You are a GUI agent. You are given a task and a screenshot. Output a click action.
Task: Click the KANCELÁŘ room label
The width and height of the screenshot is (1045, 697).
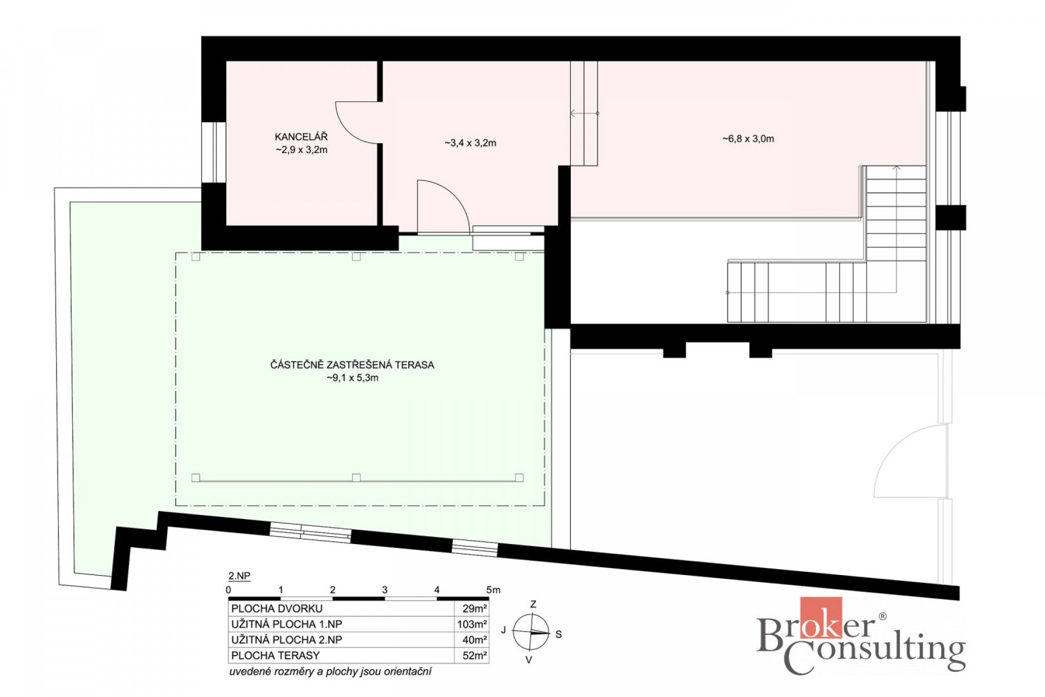click(x=301, y=137)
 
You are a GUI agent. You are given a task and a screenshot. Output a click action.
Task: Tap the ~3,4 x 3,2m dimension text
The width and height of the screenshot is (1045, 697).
click(x=470, y=143)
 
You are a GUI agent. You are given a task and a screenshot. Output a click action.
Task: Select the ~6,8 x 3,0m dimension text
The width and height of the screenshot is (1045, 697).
click(x=748, y=139)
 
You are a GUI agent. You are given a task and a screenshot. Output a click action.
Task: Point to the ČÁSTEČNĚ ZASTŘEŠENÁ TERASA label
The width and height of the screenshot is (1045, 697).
click(x=352, y=364)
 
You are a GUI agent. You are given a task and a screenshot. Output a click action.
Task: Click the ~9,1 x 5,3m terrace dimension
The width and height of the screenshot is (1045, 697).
click(x=352, y=378)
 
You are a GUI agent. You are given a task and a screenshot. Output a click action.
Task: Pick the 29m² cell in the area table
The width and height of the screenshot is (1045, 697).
click(x=475, y=608)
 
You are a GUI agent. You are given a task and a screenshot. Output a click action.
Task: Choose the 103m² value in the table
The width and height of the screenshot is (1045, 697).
click(x=472, y=624)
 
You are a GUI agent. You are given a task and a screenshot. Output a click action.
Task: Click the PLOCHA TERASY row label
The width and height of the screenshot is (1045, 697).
click(x=275, y=656)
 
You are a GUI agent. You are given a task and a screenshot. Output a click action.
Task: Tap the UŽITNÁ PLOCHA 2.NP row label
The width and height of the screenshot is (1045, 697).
click(x=287, y=640)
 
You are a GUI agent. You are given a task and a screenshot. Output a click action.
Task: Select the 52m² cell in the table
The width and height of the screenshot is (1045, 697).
click(x=475, y=656)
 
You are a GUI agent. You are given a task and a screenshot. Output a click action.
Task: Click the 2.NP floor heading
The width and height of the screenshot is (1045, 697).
click(x=239, y=576)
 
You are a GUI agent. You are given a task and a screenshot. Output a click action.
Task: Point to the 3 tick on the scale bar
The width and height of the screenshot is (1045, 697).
click(x=385, y=590)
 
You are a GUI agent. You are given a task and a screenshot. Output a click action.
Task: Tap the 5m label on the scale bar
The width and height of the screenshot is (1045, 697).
click(x=493, y=590)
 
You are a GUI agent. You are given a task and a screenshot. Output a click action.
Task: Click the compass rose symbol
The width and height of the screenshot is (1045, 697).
click(x=531, y=632)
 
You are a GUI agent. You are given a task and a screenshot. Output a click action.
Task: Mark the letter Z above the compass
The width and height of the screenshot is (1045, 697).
click(x=533, y=604)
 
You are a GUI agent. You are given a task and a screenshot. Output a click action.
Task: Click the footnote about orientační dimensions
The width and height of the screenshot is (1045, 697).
click(x=330, y=671)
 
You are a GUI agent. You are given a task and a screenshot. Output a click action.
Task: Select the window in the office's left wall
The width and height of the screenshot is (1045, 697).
click(x=214, y=152)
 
